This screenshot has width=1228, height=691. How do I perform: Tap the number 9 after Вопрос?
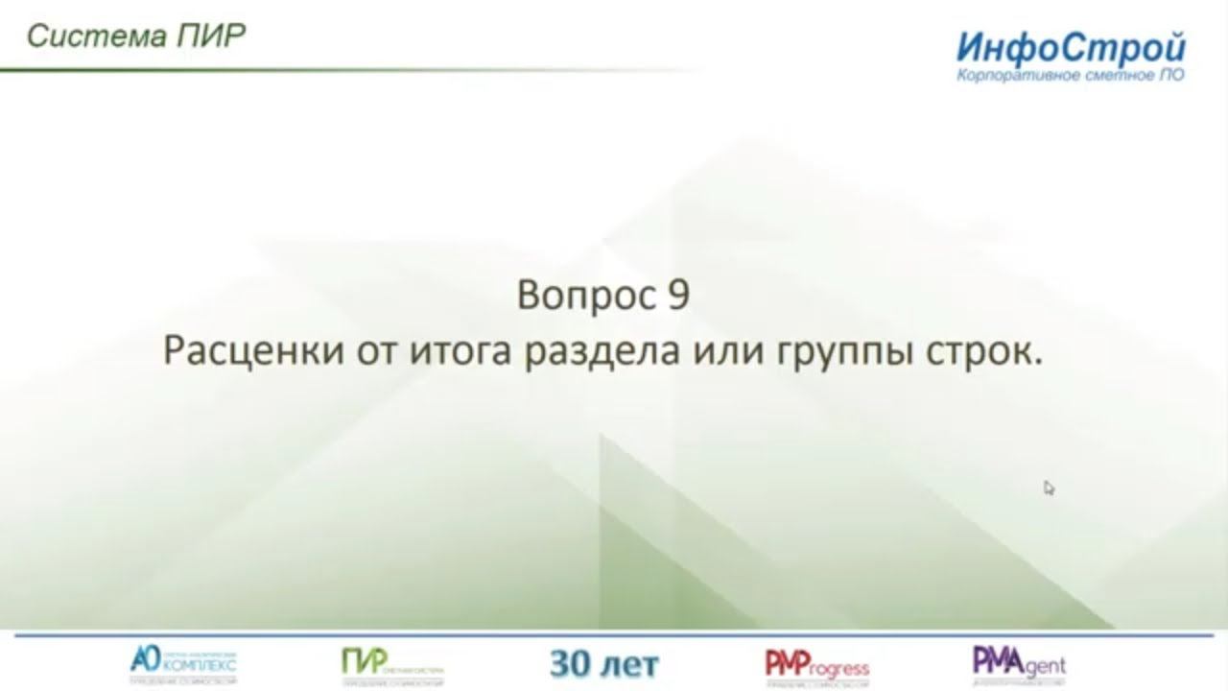pyautogui.click(x=675, y=296)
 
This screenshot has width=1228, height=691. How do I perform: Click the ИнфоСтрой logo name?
pyautogui.click(x=1070, y=47)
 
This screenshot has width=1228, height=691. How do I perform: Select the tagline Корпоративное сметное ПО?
pyautogui.click(x=1070, y=75)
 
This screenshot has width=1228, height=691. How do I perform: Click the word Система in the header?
pyautogui.click(x=82, y=36)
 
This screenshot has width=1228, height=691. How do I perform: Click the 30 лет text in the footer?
pyautogui.click(x=604, y=663)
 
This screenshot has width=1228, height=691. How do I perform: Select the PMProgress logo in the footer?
pyautogui.click(x=816, y=664)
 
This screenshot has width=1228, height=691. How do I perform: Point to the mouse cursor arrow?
pyautogui.click(x=1049, y=488)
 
